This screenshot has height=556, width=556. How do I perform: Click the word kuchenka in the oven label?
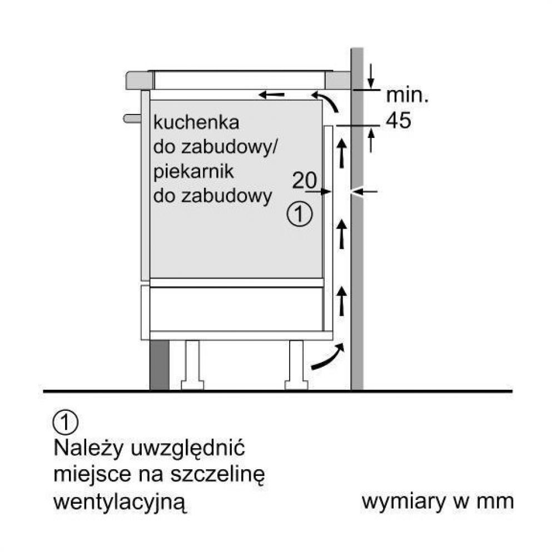pyautogui.click(x=196, y=122)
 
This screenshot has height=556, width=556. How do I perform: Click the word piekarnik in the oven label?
pyautogui.click(x=193, y=172)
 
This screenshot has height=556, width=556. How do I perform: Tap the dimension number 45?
pyautogui.click(x=399, y=120)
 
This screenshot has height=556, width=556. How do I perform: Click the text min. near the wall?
pyautogui.click(x=408, y=95)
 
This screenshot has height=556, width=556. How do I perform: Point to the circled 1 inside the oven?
pyautogui.click(x=300, y=214)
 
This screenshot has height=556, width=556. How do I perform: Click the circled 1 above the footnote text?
pyautogui.click(x=65, y=422)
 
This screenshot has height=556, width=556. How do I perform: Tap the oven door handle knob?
pyautogui.click(x=132, y=118)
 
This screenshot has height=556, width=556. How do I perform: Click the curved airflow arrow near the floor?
pyautogui.click(x=328, y=357)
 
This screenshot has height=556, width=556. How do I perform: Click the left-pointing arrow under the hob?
pyautogui.click(x=271, y=95)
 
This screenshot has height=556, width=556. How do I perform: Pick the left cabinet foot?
pyautogui.click(x=192, y=365)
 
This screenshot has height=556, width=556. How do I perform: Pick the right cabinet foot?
pyautogui.click(x=296, y=365)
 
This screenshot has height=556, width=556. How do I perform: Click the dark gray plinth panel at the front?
pyautogui.click(x=160, y=365)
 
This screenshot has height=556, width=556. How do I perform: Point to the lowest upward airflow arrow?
pyautogui.click(x=342, y=301)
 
